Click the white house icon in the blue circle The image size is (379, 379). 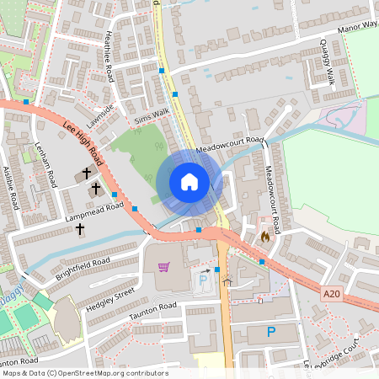point(189,182)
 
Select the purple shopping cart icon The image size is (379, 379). point(163,267)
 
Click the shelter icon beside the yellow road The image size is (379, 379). point(227,283)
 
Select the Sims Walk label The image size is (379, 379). point(152,110)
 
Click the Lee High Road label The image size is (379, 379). point(83,141)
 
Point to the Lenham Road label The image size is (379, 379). point(45,165)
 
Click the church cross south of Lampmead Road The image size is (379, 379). point(81,229)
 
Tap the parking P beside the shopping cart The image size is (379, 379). point(203,279)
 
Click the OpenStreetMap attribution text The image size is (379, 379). point(85,372)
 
